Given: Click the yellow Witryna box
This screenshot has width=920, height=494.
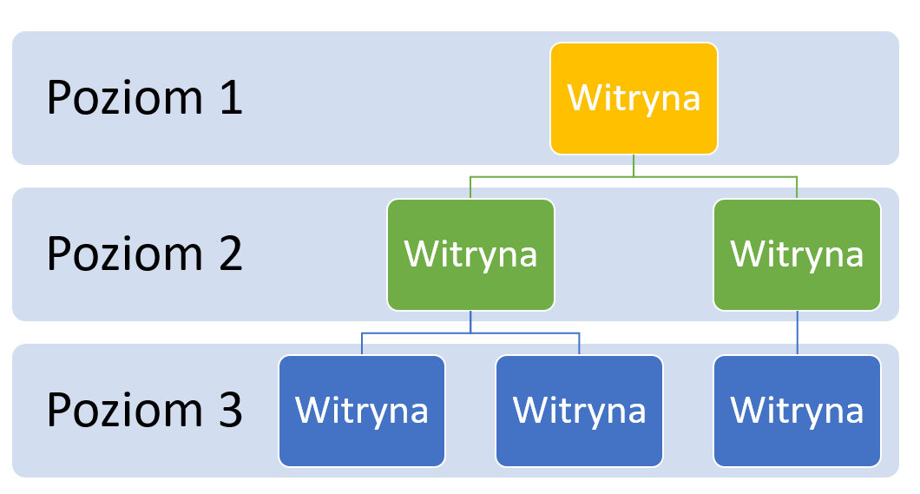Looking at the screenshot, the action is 634,99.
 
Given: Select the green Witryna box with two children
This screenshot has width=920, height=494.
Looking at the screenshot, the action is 470,254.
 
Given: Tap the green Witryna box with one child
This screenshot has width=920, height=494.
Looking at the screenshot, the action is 797,254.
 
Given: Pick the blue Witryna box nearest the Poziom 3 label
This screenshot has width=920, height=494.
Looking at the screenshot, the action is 362,411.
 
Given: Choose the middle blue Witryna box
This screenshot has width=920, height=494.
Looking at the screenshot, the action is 579,411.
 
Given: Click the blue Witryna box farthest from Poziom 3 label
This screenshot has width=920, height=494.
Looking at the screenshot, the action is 797,411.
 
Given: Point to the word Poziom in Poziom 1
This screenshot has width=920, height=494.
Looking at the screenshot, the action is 125,97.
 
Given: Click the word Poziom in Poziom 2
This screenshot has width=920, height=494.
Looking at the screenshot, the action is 125,254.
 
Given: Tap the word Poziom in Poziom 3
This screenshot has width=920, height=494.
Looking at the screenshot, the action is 125,410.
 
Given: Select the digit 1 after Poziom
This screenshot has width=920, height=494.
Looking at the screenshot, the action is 232,97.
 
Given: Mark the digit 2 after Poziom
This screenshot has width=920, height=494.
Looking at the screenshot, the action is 231,254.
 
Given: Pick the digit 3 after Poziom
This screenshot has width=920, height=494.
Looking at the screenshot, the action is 231,410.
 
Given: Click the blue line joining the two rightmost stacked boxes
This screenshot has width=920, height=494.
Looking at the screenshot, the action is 797,333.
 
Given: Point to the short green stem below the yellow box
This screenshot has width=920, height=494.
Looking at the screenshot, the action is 634,166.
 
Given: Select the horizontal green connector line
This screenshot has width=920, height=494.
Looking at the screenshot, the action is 634,176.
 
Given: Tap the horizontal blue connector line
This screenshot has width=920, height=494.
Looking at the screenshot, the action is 470,333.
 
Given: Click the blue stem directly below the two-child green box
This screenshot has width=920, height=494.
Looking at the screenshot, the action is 470,321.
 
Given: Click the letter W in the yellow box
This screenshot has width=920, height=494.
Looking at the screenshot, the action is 582,97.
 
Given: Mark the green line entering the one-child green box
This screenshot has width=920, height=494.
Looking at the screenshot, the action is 797,188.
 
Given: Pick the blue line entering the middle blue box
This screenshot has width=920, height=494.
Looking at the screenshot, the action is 579,345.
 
